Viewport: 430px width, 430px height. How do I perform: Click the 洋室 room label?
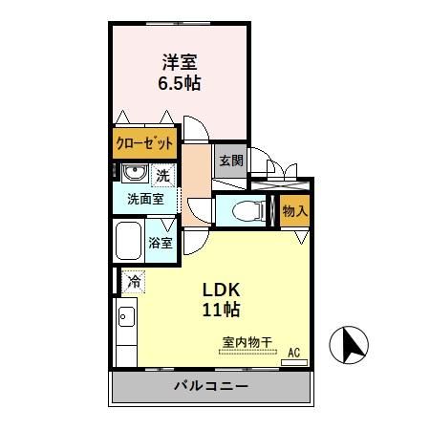[x=179, y=63]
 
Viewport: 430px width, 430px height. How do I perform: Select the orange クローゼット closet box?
[x=145, y=145]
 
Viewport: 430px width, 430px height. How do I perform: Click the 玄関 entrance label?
[x=230, y=161]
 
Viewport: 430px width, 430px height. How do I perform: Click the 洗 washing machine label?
[x=162, y=175]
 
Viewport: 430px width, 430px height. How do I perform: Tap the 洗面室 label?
[x=144, y=200]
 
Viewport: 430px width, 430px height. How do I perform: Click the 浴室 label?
[x=161, y=243]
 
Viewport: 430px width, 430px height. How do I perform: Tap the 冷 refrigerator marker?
[x=134, y=282]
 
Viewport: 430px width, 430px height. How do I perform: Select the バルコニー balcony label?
[x=211, y=388]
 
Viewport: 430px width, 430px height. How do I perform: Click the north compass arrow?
[x=349, y=345]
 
